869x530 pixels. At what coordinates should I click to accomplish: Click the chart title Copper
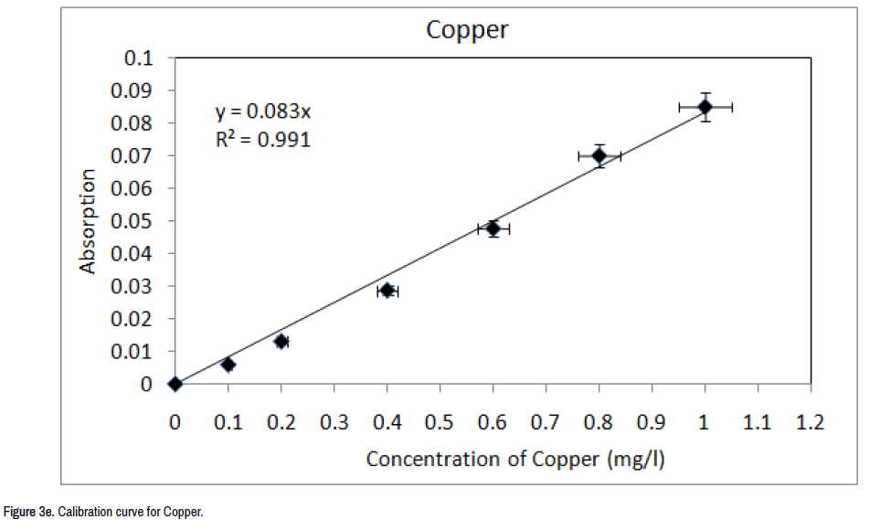(x=467, y=29)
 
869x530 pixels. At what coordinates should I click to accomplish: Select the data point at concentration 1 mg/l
(x=705, y=107)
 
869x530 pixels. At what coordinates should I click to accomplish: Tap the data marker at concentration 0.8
(x=599, y=155)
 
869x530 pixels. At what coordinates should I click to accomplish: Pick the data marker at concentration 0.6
(x=493, y=228)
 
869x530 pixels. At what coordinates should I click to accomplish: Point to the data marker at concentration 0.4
(x=387, y=291)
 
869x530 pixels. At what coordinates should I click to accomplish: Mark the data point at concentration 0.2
(x=281, y=341)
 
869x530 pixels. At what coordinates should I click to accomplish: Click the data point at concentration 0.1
(x=228, y=364)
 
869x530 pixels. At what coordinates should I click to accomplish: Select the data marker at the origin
(x=175, y=384)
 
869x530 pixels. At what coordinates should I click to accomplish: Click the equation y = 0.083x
(x=263, y=112)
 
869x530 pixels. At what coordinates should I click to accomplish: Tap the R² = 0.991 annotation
(x=262, y=140)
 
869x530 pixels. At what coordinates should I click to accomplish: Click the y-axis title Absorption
(x=88, y=221)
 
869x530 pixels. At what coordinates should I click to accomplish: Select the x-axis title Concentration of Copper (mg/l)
(x=515, y=459)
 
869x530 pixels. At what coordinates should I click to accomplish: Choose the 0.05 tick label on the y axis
(x=133, y=221)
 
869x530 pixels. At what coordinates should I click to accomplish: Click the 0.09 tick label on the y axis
(x=133, y=90)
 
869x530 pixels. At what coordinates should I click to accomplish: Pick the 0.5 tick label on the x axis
(x=440, y=423)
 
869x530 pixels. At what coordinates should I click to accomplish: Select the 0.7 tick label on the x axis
(x=546, y=423)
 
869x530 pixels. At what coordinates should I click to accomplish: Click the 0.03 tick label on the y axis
(x=133, y=286)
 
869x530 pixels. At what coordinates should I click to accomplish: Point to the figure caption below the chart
(x=102, y=512)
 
